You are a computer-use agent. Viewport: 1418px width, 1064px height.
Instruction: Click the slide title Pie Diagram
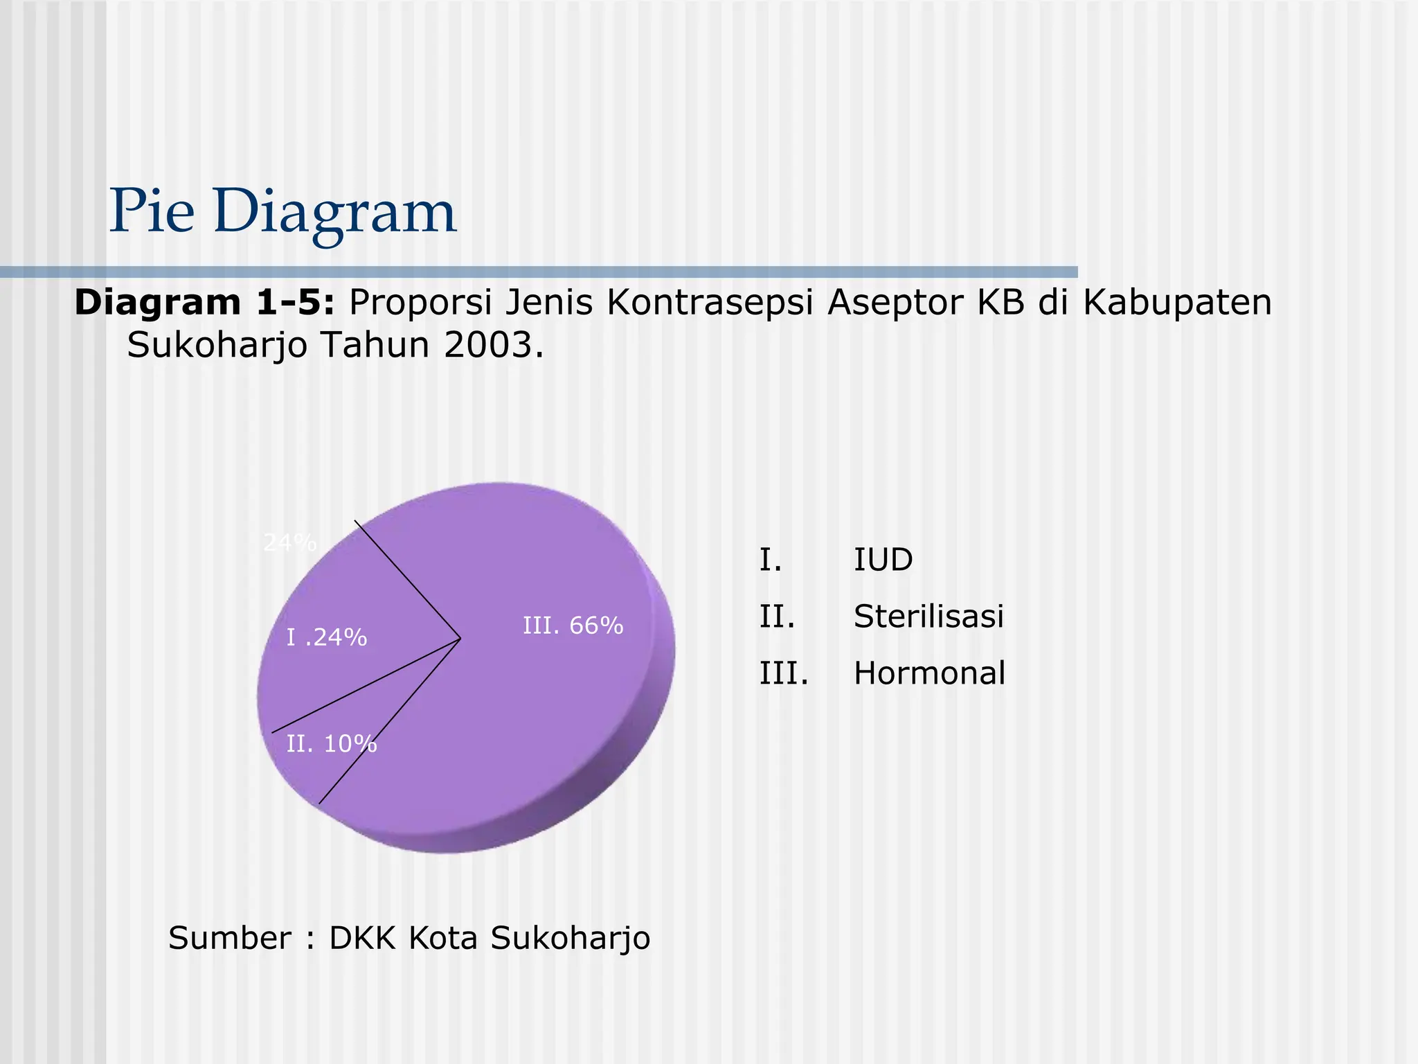(282, 211)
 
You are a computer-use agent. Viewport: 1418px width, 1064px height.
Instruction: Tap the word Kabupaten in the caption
(1177, 303)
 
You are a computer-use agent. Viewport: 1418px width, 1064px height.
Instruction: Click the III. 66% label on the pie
(573, 626)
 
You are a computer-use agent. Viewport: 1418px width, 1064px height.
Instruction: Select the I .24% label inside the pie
(327, 637)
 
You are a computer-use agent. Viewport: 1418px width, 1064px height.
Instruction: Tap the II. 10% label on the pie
(332, 744)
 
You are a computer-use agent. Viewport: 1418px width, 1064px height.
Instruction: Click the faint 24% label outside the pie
(289, 543)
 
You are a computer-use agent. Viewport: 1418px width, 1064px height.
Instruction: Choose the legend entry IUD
(883, 560)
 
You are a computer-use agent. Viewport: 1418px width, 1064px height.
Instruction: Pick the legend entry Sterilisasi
(928, 617)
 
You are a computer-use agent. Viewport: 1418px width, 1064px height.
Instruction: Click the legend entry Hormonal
(929, 673)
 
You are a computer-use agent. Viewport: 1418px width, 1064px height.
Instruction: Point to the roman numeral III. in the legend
(784, 673)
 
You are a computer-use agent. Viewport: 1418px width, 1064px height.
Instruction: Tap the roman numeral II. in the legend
(777, 617)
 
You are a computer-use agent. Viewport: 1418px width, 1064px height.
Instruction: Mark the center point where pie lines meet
(460, 638)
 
